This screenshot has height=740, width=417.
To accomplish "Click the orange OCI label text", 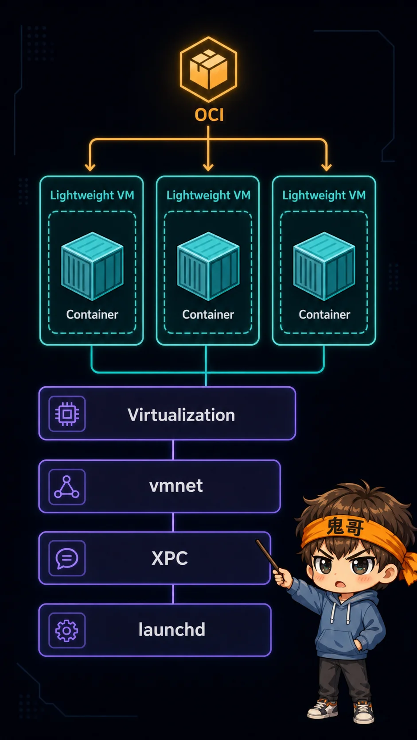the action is (209, 115).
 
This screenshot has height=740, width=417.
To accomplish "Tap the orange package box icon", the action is (208, 69).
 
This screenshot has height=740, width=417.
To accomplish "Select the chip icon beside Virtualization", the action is (67, 414).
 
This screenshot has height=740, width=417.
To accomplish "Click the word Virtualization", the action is (181, 415).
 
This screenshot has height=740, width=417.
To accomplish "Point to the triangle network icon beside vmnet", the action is (67, 486).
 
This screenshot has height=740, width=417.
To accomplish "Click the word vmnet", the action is (176, 486).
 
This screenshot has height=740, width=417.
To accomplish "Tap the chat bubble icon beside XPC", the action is (67, 558).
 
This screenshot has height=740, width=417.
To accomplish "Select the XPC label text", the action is (170, 558).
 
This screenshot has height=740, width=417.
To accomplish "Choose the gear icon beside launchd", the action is (67, 631).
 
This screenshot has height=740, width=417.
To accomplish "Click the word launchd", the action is (172, 629).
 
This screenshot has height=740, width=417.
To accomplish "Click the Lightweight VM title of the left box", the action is (92, 195).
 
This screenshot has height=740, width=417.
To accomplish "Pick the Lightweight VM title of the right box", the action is (324, 195).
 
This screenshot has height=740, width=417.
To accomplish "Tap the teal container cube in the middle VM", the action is (208, 266).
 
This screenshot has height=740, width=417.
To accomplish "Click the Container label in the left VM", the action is (92, 315).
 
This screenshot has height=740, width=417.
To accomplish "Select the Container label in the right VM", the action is (324, 315).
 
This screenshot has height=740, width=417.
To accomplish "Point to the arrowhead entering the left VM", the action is (90, 167).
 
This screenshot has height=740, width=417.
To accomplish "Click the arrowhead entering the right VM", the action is (327, 167).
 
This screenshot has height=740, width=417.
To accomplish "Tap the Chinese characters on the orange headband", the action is (345, 527).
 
